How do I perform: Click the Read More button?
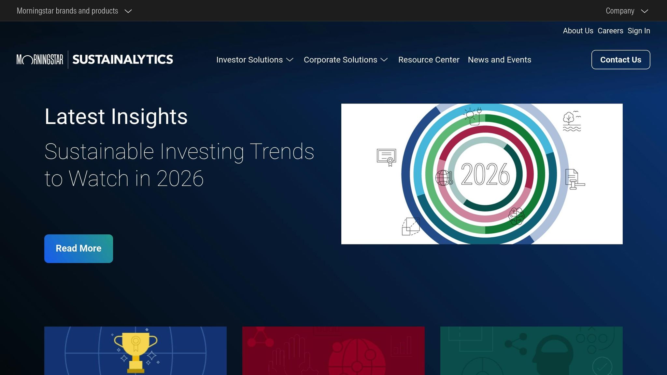78,248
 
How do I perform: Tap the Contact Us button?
620,60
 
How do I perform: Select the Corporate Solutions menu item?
346,60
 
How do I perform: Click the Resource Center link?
429,60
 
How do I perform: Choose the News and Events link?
499,60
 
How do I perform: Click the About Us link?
578,31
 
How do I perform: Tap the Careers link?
610,31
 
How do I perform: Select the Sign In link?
639,31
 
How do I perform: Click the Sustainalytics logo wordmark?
122,60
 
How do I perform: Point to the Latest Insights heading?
116,117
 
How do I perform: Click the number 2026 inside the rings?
485,174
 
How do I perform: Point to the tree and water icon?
572,121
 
